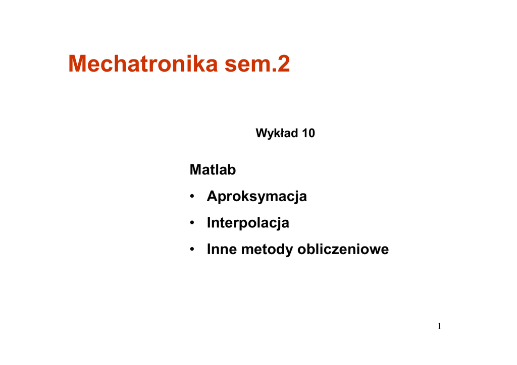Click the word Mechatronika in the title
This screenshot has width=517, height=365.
coord(143,64)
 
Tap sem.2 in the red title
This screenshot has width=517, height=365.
coord(257,64)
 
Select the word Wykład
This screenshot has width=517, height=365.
coord(277,133)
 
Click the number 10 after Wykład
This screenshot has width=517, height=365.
coord(308,133)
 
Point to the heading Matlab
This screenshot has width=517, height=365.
coord(213,170)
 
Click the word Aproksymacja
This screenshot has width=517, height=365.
coord(257,197)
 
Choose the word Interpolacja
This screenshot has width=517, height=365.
coord(248,223)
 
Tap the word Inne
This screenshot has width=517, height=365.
coord(222,249)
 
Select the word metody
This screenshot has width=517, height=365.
coord(267,250)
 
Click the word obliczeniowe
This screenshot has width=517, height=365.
coord(343,249)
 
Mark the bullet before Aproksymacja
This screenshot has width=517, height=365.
coord(192,197)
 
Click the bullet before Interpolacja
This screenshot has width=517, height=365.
coord(192,223)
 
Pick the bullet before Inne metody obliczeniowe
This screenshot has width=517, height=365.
coord(192,249)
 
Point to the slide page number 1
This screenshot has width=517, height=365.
coord(439,326)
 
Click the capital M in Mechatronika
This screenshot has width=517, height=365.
coord(77,64)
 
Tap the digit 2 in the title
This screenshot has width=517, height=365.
coord(284,64)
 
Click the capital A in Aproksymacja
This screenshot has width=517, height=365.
coord(213,196)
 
